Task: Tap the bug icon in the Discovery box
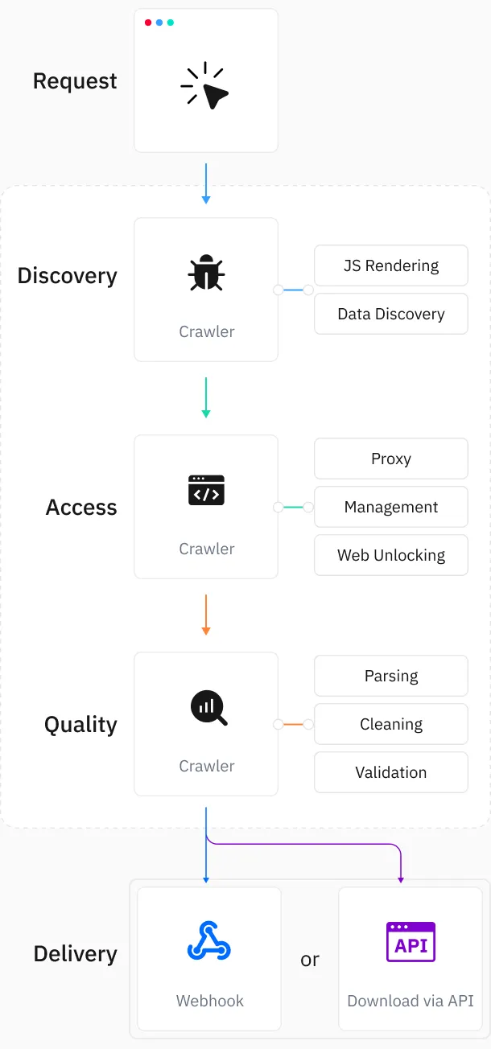point(206,274)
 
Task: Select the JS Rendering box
point(391,265)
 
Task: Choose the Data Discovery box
point(391,314)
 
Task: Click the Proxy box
point(391,459)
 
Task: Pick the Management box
point(391,507)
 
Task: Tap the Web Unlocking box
point(391,555)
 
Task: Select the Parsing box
point(391,676)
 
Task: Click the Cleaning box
point(391,724)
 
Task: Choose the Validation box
point(391,772)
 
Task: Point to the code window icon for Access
point(206,490)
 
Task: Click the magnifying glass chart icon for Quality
point(208,708)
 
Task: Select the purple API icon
point(411,942)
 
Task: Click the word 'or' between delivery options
point(310,960)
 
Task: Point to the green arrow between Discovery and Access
point(206,397)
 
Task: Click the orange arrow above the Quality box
point(206,615)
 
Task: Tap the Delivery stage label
point(75,954)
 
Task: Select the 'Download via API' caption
point(411,1002)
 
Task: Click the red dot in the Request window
point(148,23)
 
